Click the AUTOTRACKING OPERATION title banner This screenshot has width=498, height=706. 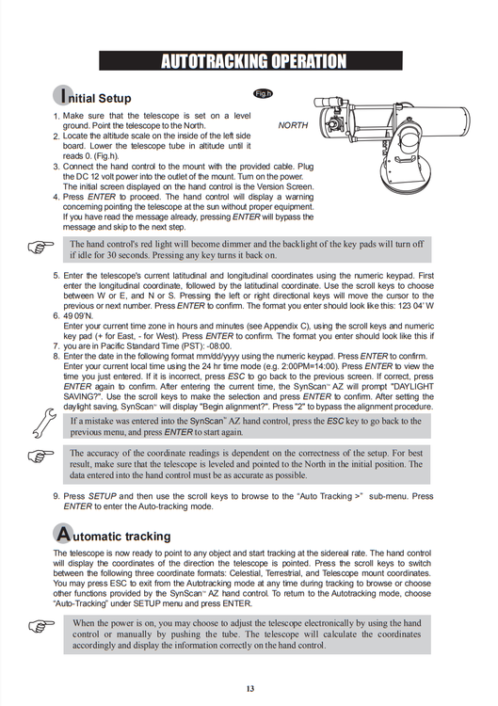(x=250, y=61)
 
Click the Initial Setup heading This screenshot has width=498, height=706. (x=92, y=96)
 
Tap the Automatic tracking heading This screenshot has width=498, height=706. (x=112, y=534)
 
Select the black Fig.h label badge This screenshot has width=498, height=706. (x=263, y=93)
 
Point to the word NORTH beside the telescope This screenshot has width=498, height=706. (x=293, y=125)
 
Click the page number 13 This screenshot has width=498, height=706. (x=250, y=688)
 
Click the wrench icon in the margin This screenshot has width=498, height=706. (x=44, y=424)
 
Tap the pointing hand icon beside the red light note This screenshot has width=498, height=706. (x=40, y=247)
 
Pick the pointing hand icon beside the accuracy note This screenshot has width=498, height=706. (x=40, y=456)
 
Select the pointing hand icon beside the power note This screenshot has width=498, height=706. (x=41, y=626)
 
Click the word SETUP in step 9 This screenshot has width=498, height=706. (x=103, y=496)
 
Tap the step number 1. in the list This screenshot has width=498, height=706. (x=56, y=117)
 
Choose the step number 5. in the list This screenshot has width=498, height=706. (x=56, y=276)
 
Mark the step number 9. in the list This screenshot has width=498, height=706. (x=56, y=496)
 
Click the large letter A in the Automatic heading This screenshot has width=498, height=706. (x=63, y=534)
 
